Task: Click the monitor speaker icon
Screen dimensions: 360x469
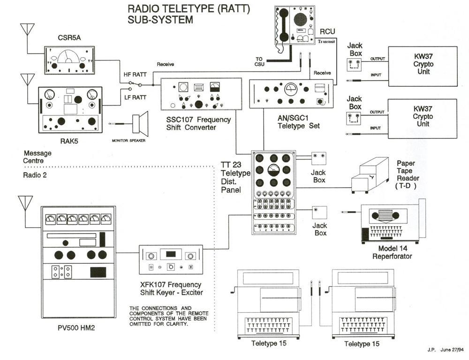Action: click(x=140, y=123)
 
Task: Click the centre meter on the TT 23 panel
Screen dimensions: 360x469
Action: click(x=273, y=170)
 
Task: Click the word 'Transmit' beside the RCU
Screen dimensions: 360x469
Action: click(x=327, y=41)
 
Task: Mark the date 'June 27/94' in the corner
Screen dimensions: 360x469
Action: click(x=452, y=350)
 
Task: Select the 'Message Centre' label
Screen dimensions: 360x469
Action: click(x=37, y=157)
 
